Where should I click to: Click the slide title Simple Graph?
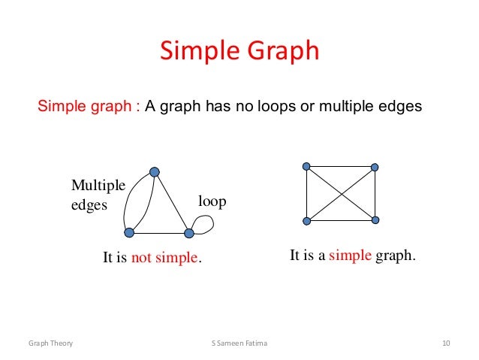239,51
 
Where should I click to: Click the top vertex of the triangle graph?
155,172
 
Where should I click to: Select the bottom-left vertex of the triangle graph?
129,232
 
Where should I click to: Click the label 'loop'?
212,201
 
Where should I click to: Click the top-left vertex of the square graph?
306,166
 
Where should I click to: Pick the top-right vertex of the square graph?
375,167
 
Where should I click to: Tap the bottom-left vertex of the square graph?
306,220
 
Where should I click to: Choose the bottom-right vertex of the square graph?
375,220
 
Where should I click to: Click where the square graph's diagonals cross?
341,193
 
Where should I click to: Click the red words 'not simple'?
165,258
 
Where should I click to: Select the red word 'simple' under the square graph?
350,256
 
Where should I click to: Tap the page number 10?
446,343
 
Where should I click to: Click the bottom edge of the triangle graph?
159,232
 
